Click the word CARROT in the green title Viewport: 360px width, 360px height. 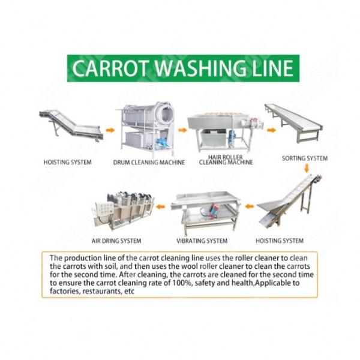tap(109, 68)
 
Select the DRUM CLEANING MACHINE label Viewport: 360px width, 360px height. tap(149, 163)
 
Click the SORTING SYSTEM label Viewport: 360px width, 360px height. tap(305, 158)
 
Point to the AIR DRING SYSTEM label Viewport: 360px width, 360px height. tap(116, 241)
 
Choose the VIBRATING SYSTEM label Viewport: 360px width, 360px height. tap(202, 241)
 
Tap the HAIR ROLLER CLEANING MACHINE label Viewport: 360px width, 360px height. tap(226, 160)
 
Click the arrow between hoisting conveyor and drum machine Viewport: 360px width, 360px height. tap(110, 130)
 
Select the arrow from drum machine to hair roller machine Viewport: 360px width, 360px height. tap(183, 130)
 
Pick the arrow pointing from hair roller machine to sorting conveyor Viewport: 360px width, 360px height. tap(272, 130)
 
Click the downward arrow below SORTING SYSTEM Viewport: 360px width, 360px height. tap(307, 169)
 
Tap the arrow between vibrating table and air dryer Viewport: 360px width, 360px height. tap(160, 207)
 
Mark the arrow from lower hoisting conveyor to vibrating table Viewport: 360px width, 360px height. tap(249, 206)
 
